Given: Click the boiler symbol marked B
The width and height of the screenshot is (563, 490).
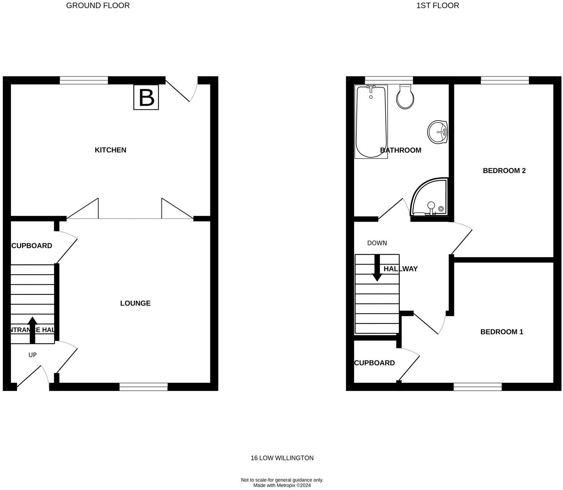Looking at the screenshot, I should [x=146, y=97].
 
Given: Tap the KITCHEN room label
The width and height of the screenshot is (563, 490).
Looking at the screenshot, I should [x=111, y=150].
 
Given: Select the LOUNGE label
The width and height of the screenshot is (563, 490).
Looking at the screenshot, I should [x=135, y=303].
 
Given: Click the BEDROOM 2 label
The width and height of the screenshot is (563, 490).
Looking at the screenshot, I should [x=504, y=171].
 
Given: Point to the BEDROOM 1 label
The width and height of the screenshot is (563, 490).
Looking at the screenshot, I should [x=501, y=332].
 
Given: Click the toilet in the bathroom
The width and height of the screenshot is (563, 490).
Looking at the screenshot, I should [x=405, y=96].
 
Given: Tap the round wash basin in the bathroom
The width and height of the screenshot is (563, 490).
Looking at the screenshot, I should [x=437, y=132].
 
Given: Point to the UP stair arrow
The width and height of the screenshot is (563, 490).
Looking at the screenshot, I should [x=33, y=330].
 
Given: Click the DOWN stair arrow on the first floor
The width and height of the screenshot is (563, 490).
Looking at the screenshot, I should [x=377, y=268].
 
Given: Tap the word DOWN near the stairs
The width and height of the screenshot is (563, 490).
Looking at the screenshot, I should [x=377, y=243].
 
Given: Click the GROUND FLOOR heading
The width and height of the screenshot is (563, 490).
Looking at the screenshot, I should [x=98, y=5].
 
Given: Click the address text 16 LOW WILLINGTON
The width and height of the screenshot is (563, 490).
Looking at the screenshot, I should [x=282, y=458].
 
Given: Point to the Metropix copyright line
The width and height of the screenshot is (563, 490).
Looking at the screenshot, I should [x=282, y=485].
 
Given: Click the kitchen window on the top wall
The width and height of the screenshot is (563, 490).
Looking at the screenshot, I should [x=84, y=80].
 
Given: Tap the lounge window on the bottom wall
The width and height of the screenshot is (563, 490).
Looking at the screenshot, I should [x=143, y=387].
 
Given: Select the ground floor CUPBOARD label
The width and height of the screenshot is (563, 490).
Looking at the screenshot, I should [x=32, y=246].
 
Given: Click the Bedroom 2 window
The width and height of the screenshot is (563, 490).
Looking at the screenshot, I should [x=504, y=80].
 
